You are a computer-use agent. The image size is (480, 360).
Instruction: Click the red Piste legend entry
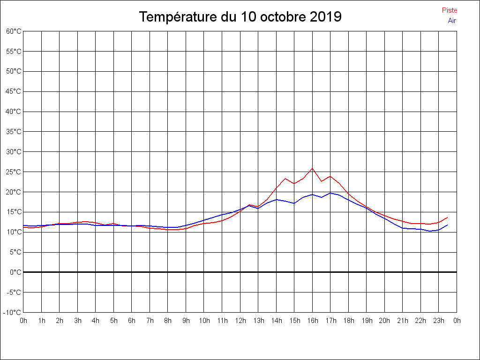449,10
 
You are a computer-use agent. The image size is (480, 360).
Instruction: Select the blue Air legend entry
451,21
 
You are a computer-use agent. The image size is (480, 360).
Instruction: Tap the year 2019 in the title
325,17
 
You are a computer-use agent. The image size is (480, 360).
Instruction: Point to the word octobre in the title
280,17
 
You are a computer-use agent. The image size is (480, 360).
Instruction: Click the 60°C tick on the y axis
14,31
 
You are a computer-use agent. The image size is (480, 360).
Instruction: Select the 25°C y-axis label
14,172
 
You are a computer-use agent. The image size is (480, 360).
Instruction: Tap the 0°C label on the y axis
15,272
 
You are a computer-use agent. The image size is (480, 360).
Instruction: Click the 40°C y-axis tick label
14,112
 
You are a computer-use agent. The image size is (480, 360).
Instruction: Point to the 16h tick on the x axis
313,321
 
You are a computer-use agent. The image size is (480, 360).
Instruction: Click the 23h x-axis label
439,321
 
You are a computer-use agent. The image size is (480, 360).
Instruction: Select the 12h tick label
240,321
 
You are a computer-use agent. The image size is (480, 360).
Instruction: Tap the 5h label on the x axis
114,321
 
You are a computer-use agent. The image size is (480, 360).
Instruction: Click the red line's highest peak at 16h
312,168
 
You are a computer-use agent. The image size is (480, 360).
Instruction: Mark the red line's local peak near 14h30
285,179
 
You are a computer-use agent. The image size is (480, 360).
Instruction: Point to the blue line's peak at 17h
330,193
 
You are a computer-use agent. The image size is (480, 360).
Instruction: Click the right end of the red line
448,217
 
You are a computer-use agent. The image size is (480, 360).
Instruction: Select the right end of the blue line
448,225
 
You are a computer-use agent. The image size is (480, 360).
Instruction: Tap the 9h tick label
186,321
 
